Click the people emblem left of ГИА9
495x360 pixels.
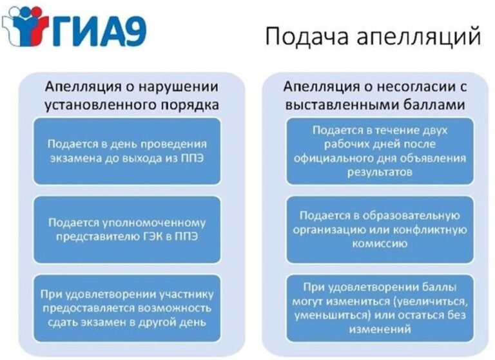[x=25, y=26]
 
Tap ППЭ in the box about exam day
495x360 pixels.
[x=192, y=158]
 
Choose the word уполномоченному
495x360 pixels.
[x=154, y=223]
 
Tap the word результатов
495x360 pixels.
[x=380, y=173]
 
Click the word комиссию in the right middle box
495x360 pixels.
[x=380, y=244]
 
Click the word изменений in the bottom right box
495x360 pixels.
[x=380, y=330]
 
